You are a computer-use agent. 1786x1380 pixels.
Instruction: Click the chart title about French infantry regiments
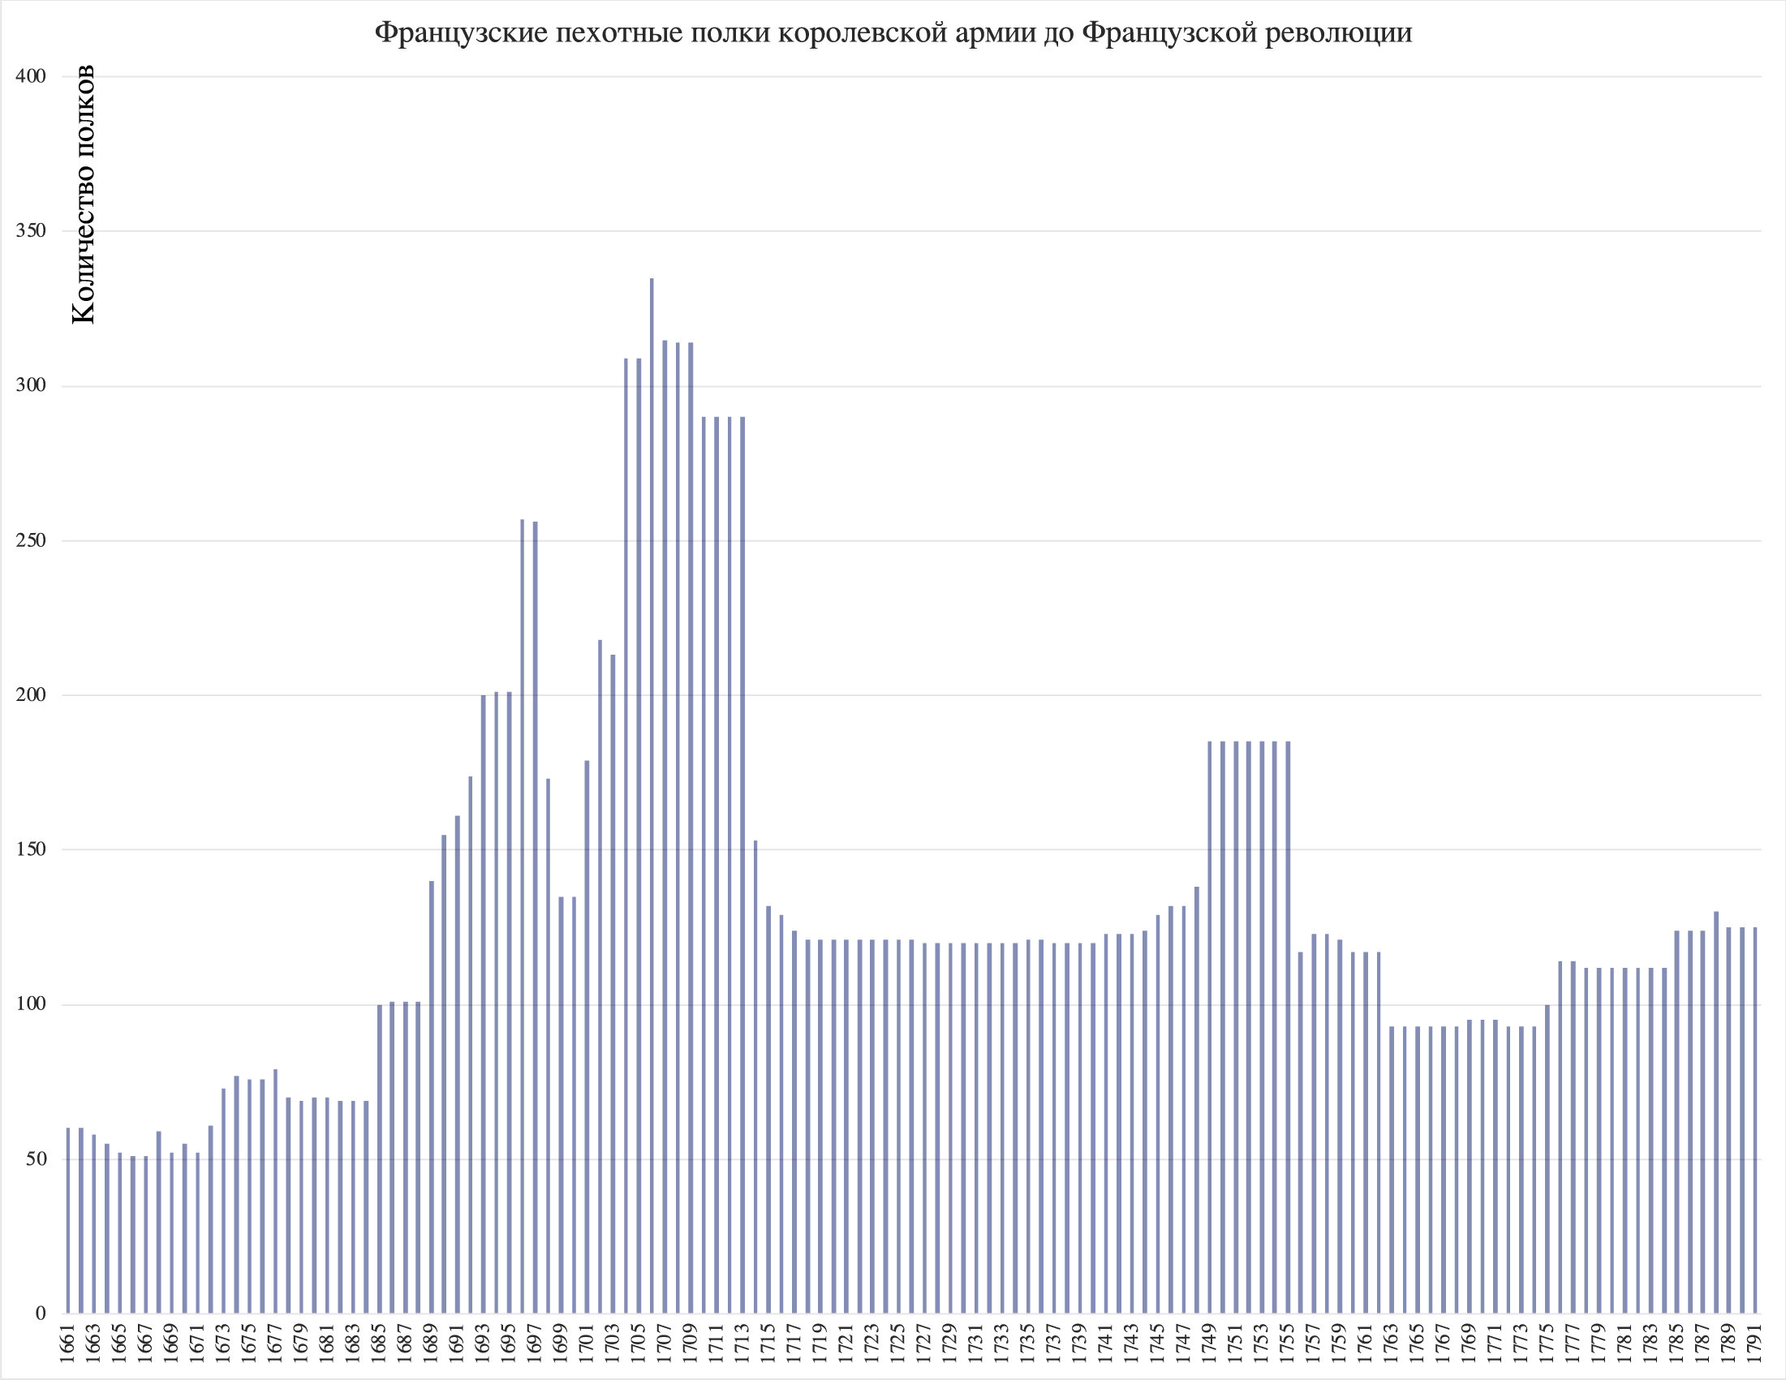click(893, 32)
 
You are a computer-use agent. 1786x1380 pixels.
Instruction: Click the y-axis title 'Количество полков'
click(84, 195)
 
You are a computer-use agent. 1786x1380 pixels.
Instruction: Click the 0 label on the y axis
click(41, 1313)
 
